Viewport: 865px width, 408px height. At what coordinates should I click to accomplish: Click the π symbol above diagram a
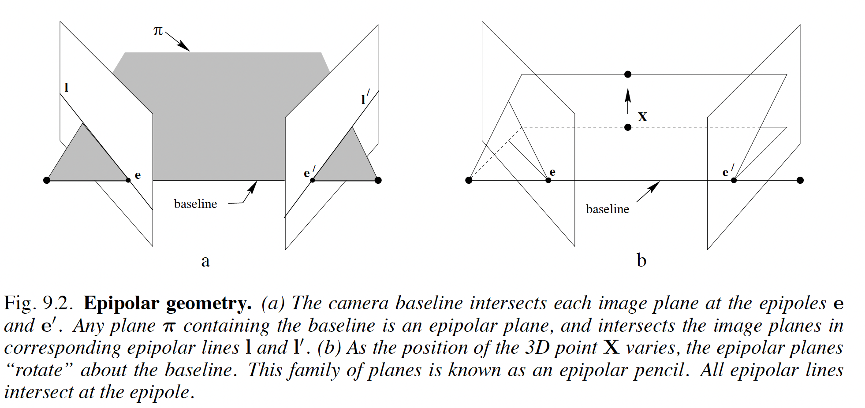[x=158, y=31]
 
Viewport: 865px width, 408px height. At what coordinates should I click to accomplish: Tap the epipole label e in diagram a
[x=138, y=175]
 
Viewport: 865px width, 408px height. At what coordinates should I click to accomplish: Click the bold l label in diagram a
[x=66, y=87]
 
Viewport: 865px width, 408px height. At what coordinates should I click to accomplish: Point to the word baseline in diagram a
[x=195, y=204]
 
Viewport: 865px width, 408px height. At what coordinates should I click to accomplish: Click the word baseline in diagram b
[x=608, y=209]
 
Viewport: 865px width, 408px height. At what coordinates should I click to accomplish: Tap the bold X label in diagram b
[x=642, y=117]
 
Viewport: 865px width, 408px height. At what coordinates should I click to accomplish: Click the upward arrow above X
[x=628, y=101]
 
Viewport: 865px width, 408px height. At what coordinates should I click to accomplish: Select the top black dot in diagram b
[x=628, y=74]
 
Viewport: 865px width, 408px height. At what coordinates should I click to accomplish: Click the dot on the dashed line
[x=628, y=127]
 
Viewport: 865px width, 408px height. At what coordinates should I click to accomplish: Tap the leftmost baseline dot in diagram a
[x=47, y=180]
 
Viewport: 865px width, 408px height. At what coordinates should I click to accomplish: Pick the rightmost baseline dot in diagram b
[x=800, y=180]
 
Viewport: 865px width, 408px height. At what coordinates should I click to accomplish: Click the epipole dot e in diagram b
[x=548, y=180]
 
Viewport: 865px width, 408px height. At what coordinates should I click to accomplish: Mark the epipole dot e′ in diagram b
[x=734, y=180]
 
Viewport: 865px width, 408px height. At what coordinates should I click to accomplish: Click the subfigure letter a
[x=205, y=261]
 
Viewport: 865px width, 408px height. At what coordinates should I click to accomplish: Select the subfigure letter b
[x=641, y=260]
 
